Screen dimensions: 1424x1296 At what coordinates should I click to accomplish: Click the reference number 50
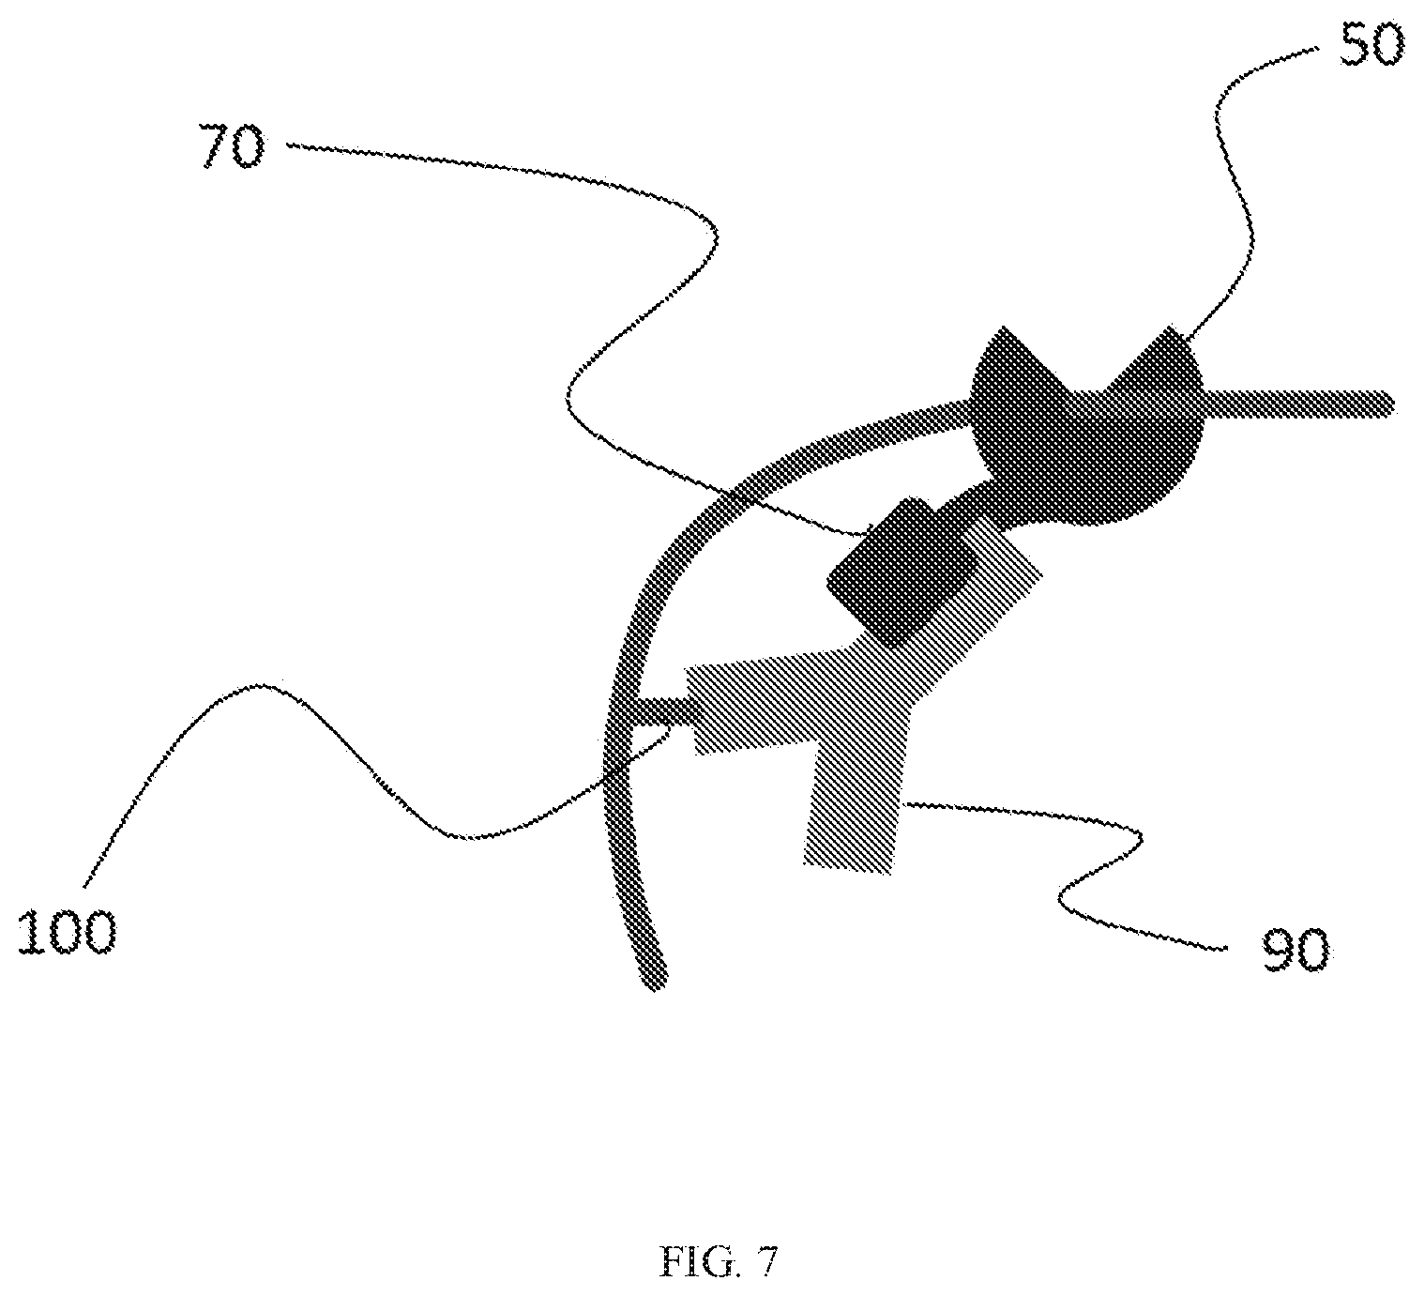tap(1371, 45)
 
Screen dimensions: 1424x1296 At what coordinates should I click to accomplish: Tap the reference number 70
tap(232, 146)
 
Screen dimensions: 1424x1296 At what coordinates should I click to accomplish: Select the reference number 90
tap(1295, 950)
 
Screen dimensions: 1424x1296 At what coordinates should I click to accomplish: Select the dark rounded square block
tap(902, 572)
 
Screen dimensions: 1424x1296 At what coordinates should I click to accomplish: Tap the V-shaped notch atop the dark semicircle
tap(1086, 369)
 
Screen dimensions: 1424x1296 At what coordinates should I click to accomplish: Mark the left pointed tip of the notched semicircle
tap(1003, 328)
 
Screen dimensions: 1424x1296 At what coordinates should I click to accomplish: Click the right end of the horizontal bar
tap(1393, 404)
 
